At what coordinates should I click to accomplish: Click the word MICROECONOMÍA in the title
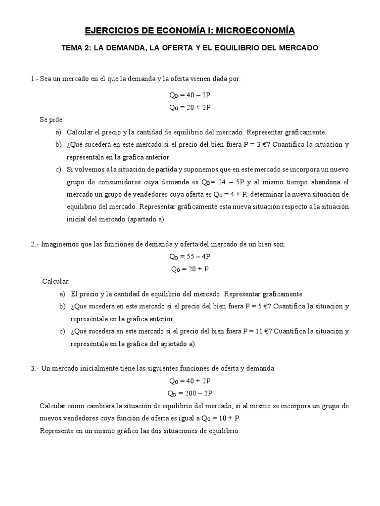coord(257,31)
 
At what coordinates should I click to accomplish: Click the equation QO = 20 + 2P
coord(190,107)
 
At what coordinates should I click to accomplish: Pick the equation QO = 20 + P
coord(190,269)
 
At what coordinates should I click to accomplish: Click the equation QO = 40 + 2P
coord(190,381)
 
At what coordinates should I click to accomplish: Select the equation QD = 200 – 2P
coord(190,393)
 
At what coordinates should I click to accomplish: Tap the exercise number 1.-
coord(34,79)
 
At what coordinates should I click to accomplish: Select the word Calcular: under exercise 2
coord(56,281)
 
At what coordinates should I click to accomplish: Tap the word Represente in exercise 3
coord(57,431)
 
